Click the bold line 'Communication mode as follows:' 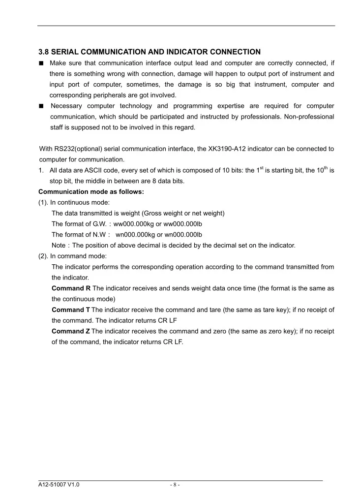pos(91,192)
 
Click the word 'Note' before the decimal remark pos(59,245)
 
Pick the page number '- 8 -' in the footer pos(175,485)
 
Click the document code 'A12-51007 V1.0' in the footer pos(59,485)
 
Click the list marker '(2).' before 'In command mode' pos(44,256)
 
